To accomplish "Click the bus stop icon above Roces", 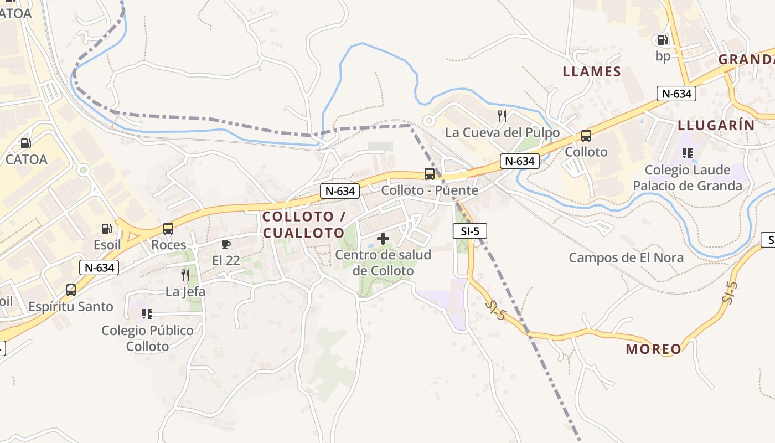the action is click(x=168, y=228).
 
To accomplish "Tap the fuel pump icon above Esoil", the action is click(x=106, y=228).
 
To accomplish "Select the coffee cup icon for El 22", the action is click(x=226, y=244).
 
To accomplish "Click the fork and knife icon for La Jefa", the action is click(x=185, y=275).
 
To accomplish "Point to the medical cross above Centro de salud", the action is click(x=383, y=239).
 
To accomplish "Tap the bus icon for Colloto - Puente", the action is click(x=430, y=173).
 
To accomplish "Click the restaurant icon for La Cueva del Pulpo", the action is click(x=502, y=116).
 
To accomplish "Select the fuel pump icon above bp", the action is click(x=662, y=39).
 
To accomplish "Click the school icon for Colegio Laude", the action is click(x=688, y=153).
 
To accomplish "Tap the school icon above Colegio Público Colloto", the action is click(x=147, y=314).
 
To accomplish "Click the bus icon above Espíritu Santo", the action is click(x=71, y=290).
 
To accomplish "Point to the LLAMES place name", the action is click(x=592, y=71).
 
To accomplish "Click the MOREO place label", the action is click(x=653, y=349).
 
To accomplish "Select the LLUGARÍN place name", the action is click(x=716, y=125).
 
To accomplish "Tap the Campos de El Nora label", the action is click(x=626, y=257).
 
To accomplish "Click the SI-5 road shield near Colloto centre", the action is click(x=469, y=231).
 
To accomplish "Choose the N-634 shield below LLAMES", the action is click(x=676, y=94).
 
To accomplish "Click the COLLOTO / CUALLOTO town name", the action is click(x=304, y=224).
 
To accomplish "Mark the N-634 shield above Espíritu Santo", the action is click(x=100, y=268).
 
